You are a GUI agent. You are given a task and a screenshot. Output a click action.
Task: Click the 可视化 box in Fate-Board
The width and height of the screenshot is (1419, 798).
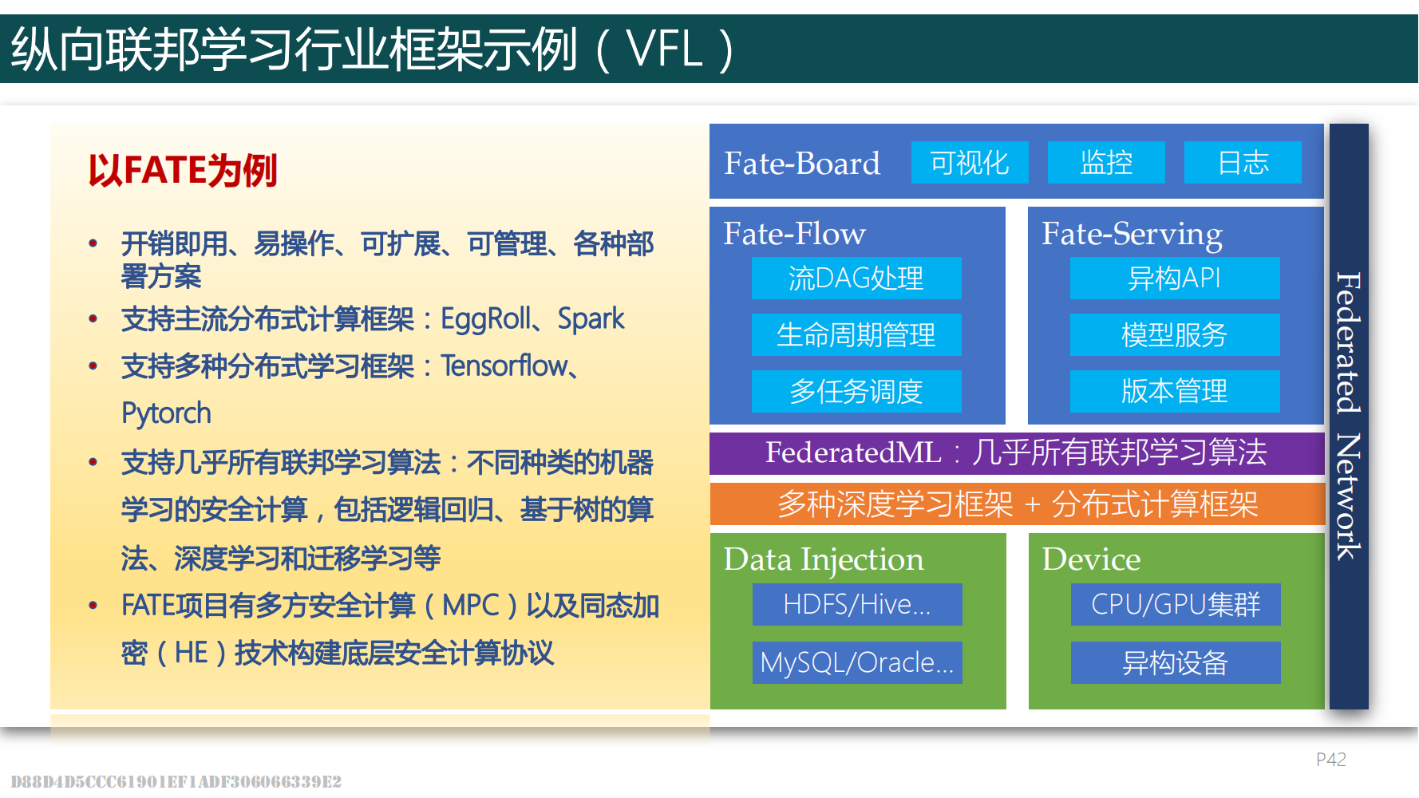970,163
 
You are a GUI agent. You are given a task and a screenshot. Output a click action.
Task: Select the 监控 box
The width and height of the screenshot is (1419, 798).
1106,163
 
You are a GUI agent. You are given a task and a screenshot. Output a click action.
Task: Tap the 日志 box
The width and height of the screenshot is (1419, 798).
1243,163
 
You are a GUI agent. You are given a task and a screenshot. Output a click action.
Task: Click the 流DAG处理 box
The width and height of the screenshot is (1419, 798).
856,278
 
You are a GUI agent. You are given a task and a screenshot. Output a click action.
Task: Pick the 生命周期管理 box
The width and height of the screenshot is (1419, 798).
856,334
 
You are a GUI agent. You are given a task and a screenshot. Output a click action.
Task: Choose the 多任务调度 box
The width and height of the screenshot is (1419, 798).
856,391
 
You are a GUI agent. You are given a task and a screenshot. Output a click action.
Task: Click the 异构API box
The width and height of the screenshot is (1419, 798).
1175,278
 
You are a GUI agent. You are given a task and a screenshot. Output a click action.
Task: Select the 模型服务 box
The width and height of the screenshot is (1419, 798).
1175,334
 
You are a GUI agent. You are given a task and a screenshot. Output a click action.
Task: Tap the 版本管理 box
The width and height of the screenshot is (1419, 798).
1175,391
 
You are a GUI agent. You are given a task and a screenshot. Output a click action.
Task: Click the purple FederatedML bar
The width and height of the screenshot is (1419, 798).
1017,452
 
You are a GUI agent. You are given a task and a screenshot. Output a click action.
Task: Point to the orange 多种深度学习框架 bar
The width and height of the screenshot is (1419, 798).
1017,504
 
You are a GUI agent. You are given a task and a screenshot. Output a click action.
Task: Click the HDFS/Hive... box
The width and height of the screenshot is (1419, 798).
857,604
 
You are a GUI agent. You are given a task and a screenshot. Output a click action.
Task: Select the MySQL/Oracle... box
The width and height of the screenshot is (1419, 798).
857,662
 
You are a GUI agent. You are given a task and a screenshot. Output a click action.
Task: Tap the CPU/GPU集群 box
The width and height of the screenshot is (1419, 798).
1176,604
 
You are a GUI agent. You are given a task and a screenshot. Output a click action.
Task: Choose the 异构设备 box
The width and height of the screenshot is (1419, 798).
1176,662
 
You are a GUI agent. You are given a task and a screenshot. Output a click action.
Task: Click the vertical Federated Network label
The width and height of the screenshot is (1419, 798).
1349,416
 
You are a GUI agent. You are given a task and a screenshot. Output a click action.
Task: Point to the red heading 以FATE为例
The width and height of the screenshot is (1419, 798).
183,171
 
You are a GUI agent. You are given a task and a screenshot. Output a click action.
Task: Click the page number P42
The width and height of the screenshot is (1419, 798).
1330,760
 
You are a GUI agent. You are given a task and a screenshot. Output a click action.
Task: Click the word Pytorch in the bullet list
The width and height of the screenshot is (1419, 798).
166,413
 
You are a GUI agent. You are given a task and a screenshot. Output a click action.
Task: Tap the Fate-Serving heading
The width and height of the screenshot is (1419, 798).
1132,234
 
